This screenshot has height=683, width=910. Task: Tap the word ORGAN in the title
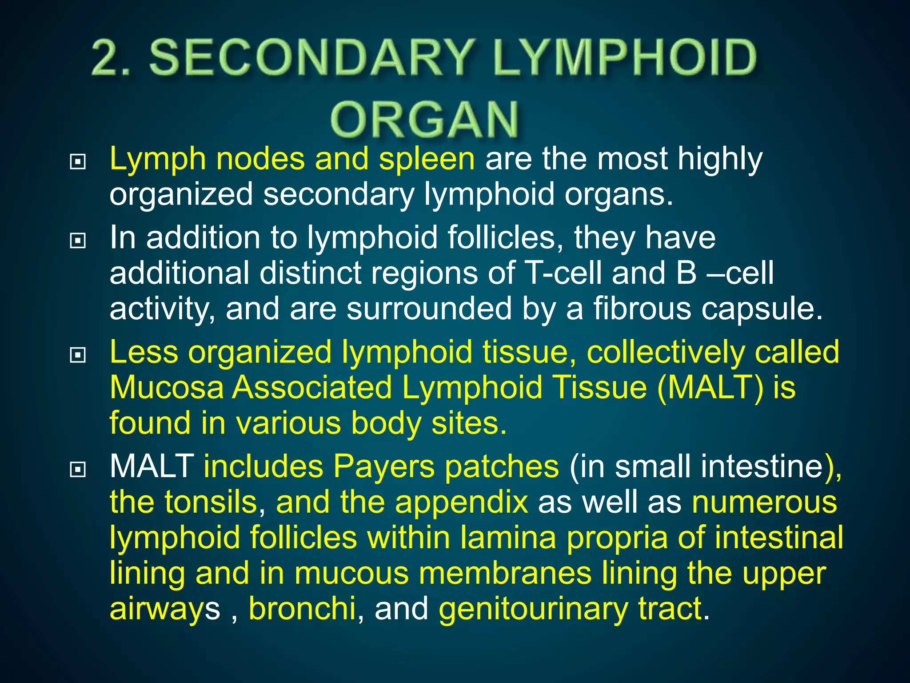tap(424, 120)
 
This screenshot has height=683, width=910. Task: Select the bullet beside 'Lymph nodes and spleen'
tap(78, 162)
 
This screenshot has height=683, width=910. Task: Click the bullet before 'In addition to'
tap(78, 241)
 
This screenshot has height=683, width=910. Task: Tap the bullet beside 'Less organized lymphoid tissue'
tap(78, 355)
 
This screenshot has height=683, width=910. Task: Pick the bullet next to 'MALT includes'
tap(78, 469)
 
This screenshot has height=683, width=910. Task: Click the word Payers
tap(384, 467)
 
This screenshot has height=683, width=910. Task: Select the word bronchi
tap(302, 608)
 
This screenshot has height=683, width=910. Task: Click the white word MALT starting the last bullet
tap(152, 467)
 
